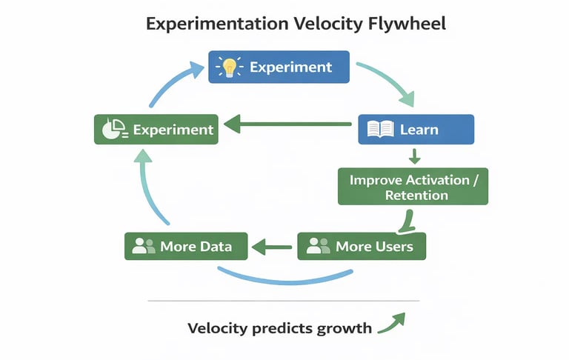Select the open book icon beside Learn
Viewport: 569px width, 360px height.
380,130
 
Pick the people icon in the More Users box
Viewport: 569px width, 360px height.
318,246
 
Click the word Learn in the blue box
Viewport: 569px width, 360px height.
419,130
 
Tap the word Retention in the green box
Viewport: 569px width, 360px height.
416,196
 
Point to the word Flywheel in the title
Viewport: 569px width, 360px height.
408,24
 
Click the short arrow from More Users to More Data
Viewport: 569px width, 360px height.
272,246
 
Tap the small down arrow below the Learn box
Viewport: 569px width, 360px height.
415,156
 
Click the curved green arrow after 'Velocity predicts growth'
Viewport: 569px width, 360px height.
393,322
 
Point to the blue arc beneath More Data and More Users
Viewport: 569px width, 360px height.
285,281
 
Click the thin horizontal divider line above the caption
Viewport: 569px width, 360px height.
284,301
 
